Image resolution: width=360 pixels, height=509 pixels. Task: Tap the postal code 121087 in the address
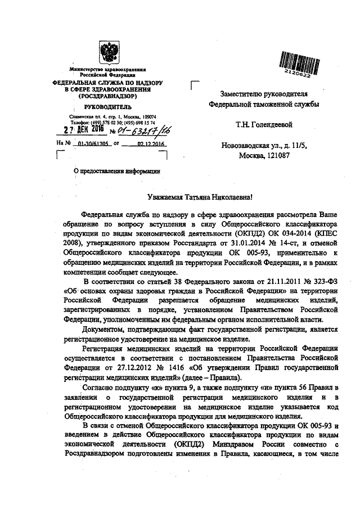[277, 155]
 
